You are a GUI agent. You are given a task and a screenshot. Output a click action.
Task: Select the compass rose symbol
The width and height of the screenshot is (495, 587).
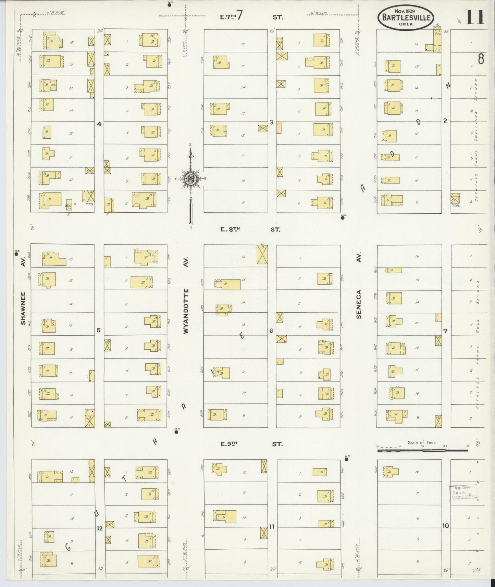point(189,179)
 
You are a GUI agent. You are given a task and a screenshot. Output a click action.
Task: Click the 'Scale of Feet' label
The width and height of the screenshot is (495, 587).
point(421,442)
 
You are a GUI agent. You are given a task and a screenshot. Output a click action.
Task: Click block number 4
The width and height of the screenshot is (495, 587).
point(99,124)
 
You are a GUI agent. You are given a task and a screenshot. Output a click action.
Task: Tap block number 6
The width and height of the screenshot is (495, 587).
point(271,331)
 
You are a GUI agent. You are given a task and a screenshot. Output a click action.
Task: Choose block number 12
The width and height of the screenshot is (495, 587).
point(99,528)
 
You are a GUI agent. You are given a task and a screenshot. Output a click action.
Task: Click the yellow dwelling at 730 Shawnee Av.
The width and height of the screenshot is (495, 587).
point(50,200)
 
